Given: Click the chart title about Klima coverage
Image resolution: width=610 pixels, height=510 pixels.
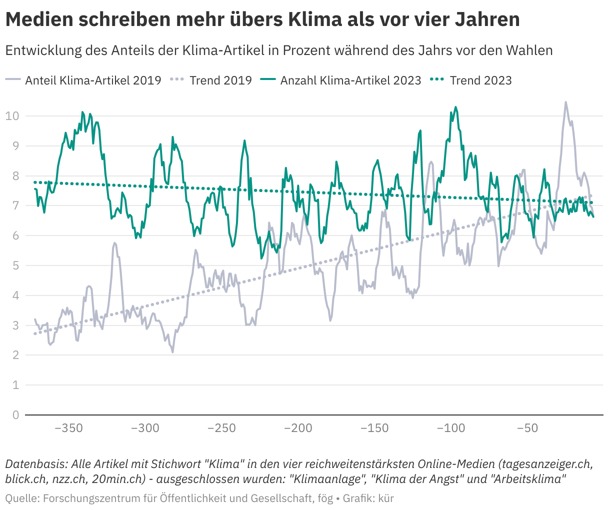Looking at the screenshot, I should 262,20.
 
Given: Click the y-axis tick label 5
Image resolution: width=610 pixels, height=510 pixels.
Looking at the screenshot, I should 15,265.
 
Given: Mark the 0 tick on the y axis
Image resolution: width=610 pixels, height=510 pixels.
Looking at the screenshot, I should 15,415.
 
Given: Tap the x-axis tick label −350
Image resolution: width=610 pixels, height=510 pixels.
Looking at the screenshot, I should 68,428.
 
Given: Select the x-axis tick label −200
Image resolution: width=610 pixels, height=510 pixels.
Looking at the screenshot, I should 298,428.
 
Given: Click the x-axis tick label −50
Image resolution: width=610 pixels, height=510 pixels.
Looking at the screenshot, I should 527,428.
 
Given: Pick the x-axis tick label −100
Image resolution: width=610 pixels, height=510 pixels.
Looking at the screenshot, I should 451,428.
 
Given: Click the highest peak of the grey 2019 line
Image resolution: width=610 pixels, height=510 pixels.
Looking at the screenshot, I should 565,102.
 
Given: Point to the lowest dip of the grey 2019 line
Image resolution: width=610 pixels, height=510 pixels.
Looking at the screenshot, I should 173,352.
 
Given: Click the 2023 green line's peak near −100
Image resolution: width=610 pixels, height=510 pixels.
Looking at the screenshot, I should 455,107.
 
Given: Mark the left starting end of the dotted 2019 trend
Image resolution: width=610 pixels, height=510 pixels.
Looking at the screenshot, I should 34,333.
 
